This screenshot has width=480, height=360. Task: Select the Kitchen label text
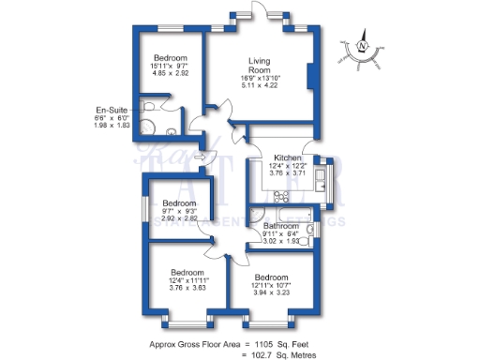tap(286, 157)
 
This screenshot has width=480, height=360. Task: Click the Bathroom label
tap(280, 225)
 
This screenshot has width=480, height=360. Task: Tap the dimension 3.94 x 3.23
tap(270, 292)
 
